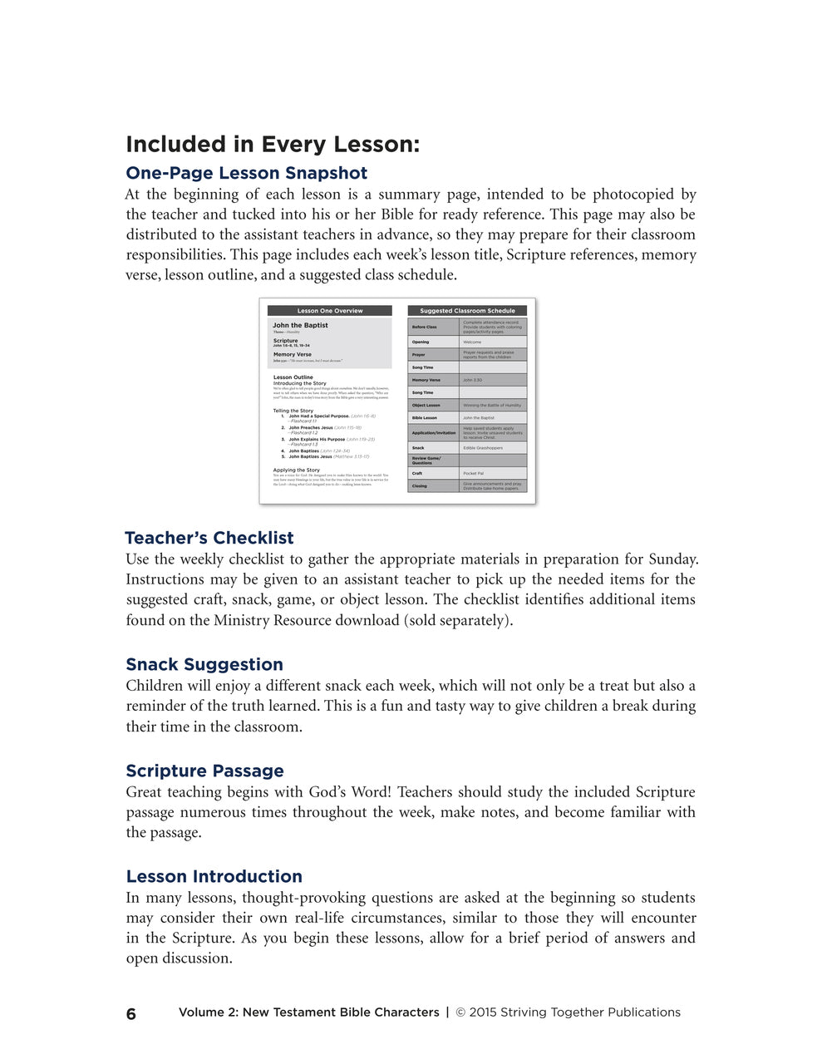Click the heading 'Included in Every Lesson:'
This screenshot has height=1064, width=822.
click(x=273, y=145)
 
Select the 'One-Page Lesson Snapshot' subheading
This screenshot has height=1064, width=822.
click(x=246, y=174)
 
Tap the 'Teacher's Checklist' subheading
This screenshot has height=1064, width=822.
click(x=209, y=538)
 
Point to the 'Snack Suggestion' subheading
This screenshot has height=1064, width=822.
click(x=204, y=664)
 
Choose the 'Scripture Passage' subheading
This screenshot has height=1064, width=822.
click(x=204, y=771)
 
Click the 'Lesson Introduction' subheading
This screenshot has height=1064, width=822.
click(x=214, y=876)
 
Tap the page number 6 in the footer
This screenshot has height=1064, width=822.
click(x=131, y=1013)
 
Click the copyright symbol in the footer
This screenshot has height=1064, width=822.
click(x=460, y=1012)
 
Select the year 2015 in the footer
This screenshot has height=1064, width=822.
click(x=483, y=1012)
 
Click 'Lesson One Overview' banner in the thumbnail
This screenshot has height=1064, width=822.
click(x=330, y=311)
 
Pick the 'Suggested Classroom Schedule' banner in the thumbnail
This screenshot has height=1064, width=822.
click(x=467, y=311)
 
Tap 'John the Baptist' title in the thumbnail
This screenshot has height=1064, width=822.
click(x=300, y=326)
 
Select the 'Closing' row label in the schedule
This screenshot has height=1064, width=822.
click(x=419, y=486)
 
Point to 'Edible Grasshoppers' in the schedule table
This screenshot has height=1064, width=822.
click(x=483, y=448)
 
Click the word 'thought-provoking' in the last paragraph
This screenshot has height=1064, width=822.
click(x=303, y=898)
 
